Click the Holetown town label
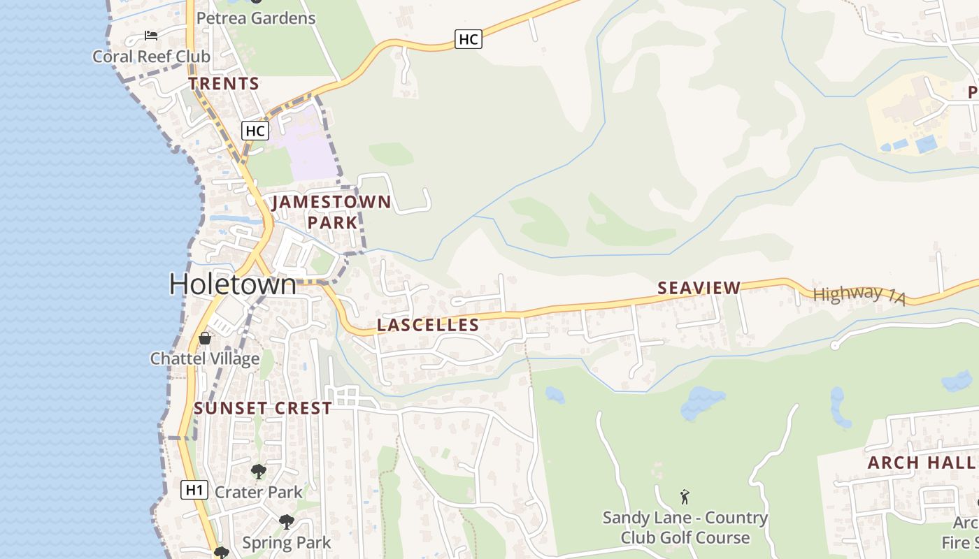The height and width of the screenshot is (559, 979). (233, 284)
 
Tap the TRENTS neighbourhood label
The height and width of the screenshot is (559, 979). (224, 84)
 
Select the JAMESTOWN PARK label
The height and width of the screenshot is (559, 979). (331, 212)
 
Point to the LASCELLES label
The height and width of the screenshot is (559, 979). (428, 325)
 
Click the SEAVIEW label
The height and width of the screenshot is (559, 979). (699, 288)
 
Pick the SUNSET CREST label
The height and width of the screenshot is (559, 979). (263, 409)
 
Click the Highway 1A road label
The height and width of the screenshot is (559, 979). (859, 295)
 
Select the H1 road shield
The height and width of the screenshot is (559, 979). (194, 490)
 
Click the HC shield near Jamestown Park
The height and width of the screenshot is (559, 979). (255, 130)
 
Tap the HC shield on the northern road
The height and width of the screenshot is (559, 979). (468, 39)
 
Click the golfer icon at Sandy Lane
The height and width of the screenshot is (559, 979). (685, 497)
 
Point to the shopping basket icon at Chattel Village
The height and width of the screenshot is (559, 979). (205, 338)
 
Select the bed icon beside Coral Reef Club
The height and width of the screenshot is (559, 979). (151, 36)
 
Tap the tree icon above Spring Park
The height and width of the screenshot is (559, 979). (286, 521)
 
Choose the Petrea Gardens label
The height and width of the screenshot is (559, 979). (256, 18)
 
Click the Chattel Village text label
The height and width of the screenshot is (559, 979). (205, 359)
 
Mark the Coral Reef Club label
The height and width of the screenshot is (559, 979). (151, 57)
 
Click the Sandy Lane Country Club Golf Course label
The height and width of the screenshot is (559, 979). (685, 528)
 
